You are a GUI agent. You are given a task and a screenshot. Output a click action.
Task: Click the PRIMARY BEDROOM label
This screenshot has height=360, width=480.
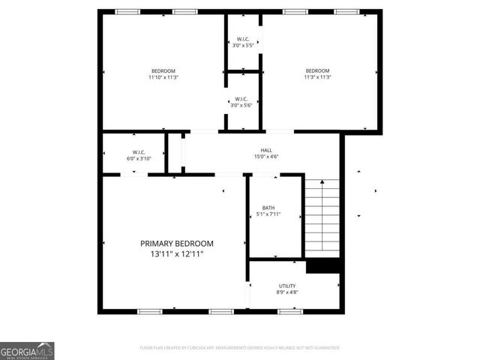(177, 244)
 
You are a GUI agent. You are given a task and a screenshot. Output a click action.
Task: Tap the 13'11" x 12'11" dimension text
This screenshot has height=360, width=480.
(177, 254)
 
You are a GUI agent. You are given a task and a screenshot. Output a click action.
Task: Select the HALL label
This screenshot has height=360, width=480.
(267, 149)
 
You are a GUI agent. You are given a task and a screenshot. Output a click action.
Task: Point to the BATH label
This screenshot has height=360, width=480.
(268, 208)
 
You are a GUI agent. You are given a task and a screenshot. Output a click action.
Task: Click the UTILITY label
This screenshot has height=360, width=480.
(287, 286)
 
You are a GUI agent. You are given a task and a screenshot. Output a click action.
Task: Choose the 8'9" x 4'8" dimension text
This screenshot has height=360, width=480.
(287, 292)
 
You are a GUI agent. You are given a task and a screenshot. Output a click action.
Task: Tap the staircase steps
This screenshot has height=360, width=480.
(323, 217)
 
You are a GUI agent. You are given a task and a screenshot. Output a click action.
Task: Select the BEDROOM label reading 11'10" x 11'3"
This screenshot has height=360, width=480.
(163, 71)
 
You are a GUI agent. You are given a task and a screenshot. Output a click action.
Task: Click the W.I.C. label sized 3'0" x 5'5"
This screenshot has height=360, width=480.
(242, 39)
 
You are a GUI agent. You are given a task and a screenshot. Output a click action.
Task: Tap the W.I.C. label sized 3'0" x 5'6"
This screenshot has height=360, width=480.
(242, 99)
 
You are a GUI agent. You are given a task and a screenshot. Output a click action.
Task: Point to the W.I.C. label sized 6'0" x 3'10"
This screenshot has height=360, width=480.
(138, 152)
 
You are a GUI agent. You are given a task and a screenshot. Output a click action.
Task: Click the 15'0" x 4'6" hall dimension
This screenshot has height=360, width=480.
(267, 157)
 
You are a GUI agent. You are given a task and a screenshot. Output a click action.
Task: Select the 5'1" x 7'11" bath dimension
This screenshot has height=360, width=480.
(268, 214)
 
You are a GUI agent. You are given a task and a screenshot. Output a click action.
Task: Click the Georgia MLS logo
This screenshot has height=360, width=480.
(27, 350)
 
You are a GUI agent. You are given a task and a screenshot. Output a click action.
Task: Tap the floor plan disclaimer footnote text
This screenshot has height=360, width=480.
(240, 348)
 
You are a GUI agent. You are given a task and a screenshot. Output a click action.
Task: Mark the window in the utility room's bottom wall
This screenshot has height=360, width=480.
(290, 310)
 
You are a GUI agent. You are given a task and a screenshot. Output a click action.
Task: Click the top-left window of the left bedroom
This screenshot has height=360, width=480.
(127, 12)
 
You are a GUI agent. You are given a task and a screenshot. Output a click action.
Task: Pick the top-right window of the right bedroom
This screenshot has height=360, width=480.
(346, 12)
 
